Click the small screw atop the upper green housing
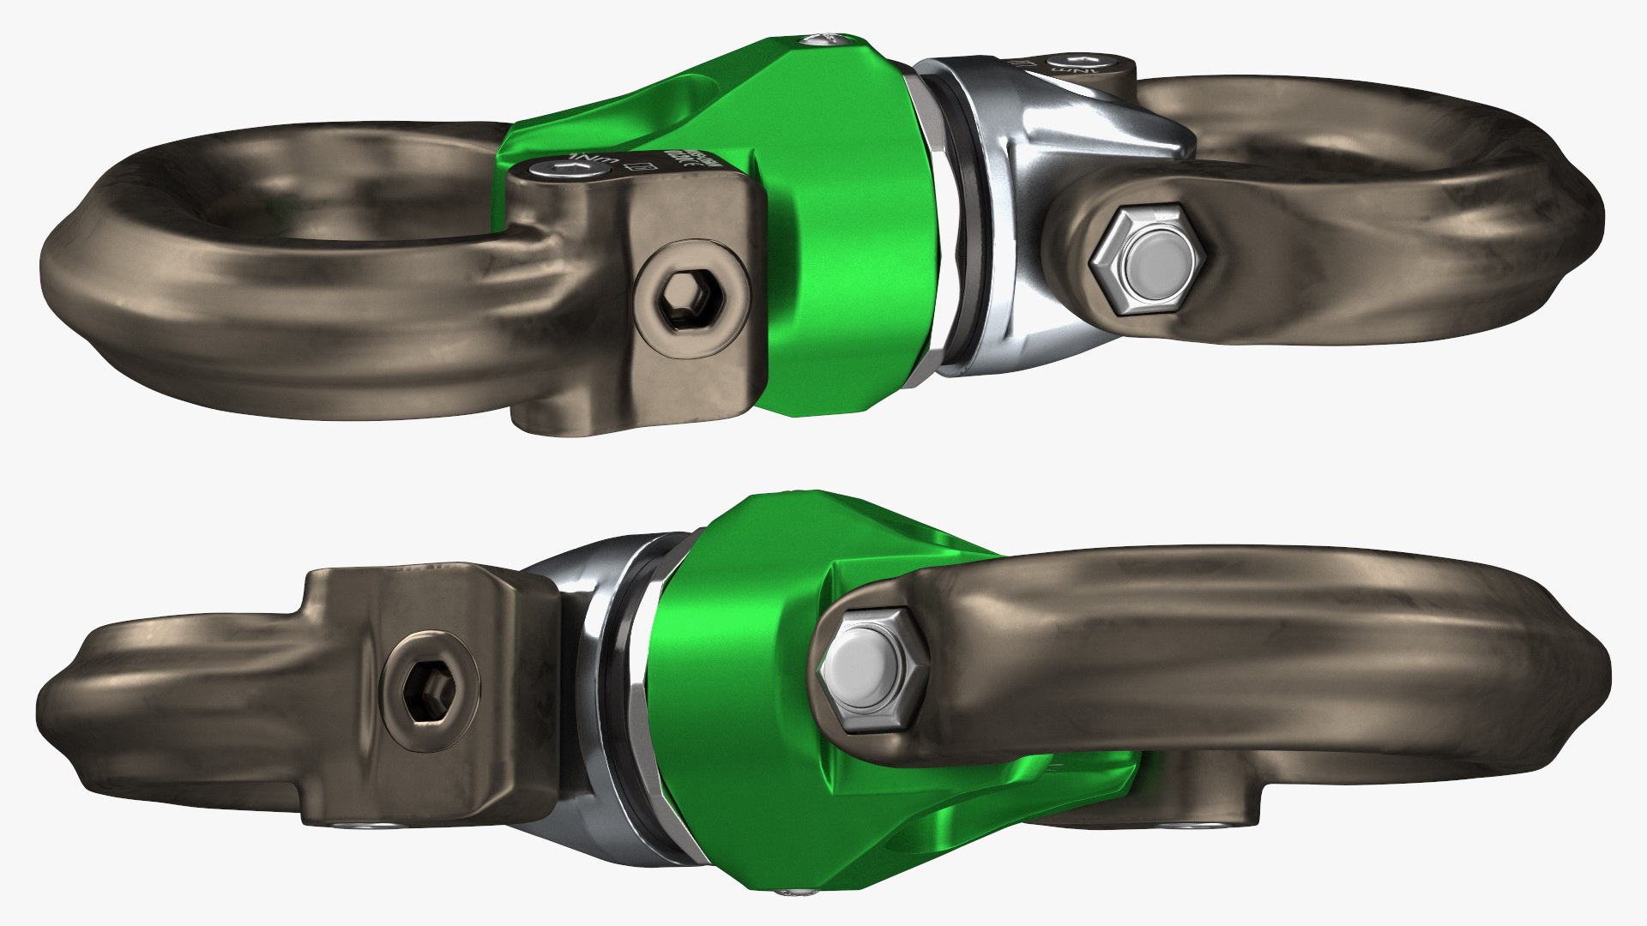click(818, 39)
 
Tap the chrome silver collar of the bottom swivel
click(592, 652)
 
